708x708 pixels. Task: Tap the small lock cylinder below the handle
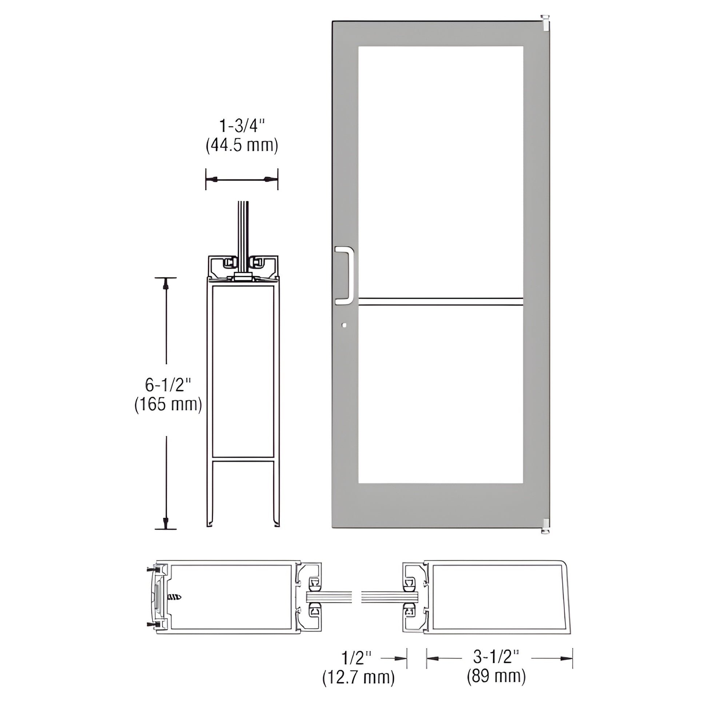[343, 325]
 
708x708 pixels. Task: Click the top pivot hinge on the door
[546, 22]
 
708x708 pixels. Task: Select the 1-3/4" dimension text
[242, 127]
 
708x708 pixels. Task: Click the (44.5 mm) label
[242, 146]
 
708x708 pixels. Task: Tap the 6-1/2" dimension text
[168, 385]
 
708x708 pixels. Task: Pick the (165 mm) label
[168, 405]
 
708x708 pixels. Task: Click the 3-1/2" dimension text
[496, 657]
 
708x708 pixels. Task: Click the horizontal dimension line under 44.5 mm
[242, 180]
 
